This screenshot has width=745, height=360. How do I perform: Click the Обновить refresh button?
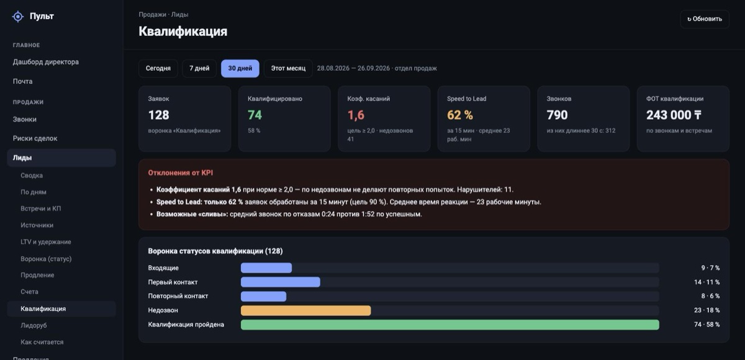click(x=705, y=19)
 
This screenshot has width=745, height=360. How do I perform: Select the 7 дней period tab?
click(x=199, y=68)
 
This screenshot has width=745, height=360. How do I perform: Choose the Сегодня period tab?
click(x=158, y=68)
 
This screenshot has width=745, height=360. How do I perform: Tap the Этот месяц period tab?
click(x=288, y=68)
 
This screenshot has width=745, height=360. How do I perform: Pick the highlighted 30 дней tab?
click(x=240, y=68)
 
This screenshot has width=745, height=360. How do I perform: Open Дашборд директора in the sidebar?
click(x=45, y=62)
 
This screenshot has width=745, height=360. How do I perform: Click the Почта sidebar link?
click(x=22, y=81)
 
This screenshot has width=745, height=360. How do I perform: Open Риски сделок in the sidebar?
click(x=35, y=138)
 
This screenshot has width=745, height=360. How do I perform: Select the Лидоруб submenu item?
click(x=34, y=325)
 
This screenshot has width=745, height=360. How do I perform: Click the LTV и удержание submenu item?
click(x=45, y=242)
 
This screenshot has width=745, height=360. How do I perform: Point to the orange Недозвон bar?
click(x=305, y=310)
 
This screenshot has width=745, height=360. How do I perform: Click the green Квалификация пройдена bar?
click(x=449, y=325)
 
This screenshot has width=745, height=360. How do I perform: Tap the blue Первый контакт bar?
click(x=281, y=282)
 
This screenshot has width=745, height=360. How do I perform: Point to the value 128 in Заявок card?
click(x=159, y=115)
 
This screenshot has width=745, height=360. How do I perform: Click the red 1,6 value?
click(x=356, y=115)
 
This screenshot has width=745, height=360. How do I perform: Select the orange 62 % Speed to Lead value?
click(x=460, y=115)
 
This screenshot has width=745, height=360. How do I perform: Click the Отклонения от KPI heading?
click(x=180, y=173)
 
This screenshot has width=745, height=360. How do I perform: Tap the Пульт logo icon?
click(x=18, y=16)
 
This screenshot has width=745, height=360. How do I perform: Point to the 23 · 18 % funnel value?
click(x=707, y=310)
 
